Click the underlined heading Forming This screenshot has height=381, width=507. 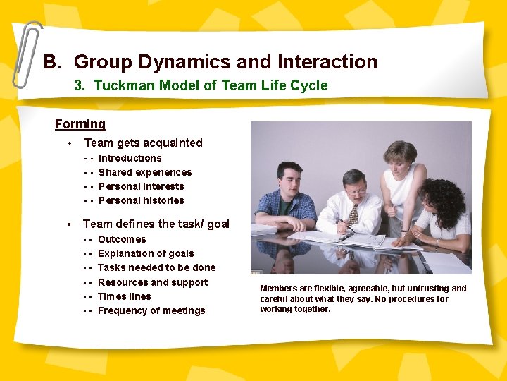[80, 124]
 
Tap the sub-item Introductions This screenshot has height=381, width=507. [130, 158]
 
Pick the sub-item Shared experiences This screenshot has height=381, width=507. [145, 172]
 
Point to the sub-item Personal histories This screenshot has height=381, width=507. [141, 200]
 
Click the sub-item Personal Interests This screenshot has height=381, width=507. [141, 186]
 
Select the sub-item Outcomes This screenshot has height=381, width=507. [122, 239]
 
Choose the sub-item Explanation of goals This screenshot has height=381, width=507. [146, 253]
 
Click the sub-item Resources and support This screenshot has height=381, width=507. [153, 282]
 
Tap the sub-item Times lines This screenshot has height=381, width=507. [124, 296]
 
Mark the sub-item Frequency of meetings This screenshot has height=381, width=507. [151, 310]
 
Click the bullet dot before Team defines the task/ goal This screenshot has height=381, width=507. [69, 224]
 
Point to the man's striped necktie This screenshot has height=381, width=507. [353, 214]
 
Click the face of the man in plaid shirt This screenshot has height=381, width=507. [289, 177]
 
